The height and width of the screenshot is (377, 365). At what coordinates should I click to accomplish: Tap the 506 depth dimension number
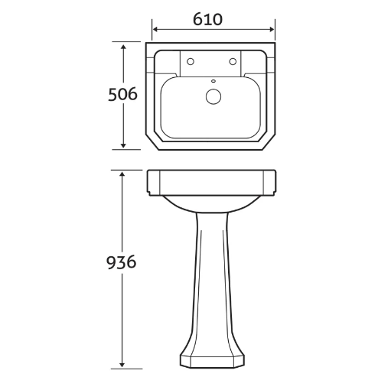point(121,95)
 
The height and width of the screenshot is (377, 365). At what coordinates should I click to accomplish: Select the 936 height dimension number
point(121,262)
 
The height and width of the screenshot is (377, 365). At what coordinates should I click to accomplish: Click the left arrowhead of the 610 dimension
point(156,31)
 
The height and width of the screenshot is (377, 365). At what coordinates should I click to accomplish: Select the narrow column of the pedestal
point(210,283)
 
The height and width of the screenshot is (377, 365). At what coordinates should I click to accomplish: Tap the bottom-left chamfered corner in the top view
point(152,143)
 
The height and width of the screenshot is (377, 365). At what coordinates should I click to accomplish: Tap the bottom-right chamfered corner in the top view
point(269,143)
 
